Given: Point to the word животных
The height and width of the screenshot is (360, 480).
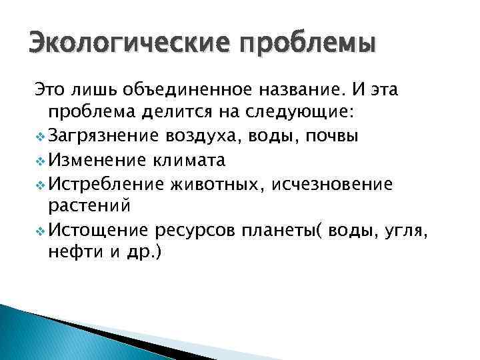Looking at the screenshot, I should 217,183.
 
